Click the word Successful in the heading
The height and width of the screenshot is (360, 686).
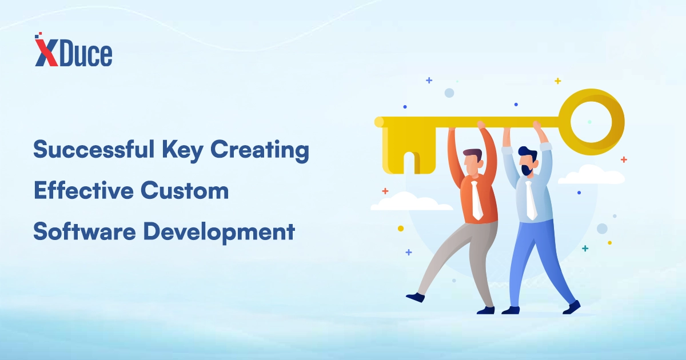94,149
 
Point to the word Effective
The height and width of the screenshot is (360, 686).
83,190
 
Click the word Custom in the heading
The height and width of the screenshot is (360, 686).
185,190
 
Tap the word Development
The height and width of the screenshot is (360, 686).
219,233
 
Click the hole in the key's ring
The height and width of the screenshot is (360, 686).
591,122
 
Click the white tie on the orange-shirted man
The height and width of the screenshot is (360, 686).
476,200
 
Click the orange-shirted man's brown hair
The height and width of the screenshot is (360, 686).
472,153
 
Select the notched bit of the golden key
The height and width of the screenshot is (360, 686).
409,150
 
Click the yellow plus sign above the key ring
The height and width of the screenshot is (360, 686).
558,81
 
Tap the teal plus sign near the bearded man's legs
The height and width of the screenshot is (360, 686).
585,248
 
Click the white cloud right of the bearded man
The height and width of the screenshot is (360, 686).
591,175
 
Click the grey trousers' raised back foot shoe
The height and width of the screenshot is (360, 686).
416,297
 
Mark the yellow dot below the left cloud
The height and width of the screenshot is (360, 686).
401,229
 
